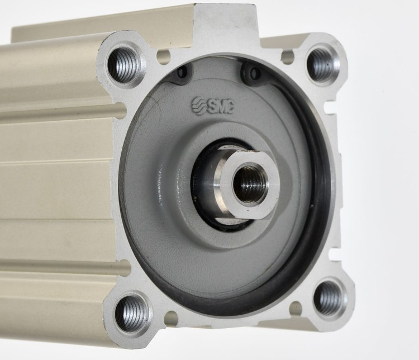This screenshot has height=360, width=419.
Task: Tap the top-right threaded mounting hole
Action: (322, 64)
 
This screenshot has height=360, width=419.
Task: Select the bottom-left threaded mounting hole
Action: (132, 312)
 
